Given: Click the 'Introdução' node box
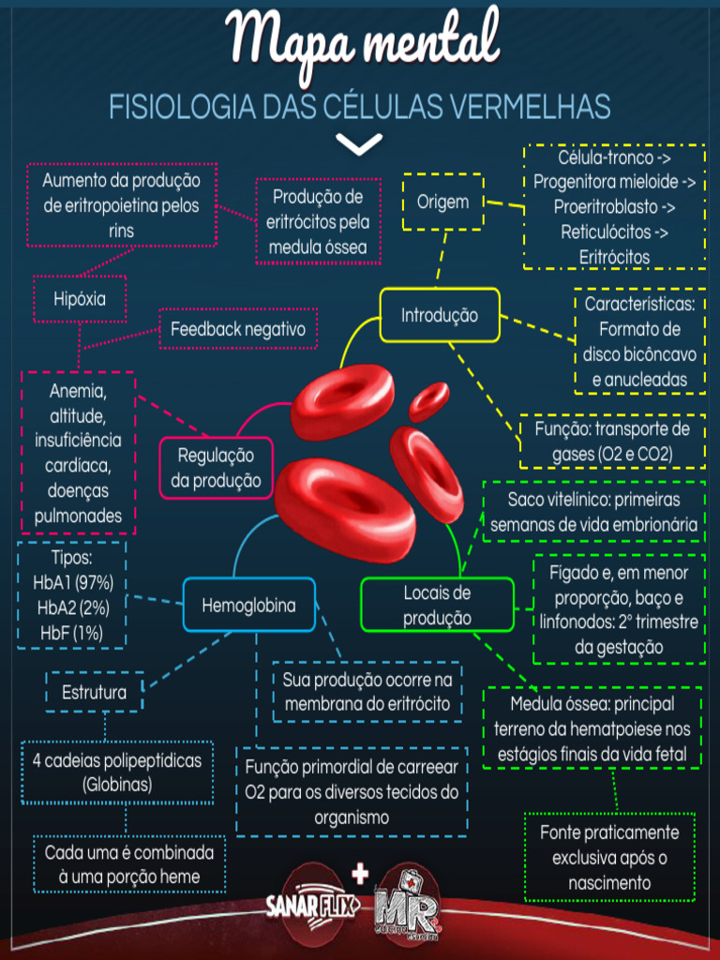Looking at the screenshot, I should pos(440,316).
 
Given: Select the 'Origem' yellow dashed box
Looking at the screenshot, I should pos(442,202).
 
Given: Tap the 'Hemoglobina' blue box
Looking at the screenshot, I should pos(248,606).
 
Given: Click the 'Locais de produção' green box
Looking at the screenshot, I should pos(437,605).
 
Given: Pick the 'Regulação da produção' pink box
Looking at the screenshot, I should pos(216,468).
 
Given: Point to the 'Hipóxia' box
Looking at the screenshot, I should pos(80,299).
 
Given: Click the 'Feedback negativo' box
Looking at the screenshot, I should pos(238,329).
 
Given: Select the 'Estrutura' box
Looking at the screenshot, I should pos(94,694).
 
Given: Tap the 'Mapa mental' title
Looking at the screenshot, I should pos(364,42).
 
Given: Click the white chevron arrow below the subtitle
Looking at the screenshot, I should pos(359,143).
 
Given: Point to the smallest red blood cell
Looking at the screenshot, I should pos(429,401).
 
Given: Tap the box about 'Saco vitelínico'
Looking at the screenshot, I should pos(593,512).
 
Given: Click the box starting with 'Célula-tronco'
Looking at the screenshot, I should pos(614,206).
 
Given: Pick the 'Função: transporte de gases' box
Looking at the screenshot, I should pos(611,442).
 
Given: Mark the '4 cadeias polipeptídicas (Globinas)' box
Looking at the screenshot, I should pos(117,772).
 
